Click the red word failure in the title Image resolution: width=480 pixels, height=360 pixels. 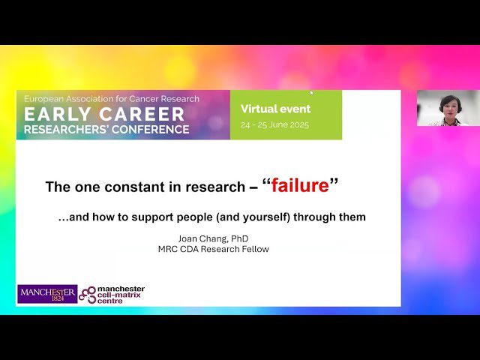(300, 186)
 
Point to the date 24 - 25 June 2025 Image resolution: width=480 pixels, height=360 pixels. (274, 125)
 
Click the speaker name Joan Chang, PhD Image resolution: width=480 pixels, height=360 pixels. (212, 238)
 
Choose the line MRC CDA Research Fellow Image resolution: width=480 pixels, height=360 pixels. (213, 249)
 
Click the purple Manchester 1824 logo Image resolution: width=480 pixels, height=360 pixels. (46, 293)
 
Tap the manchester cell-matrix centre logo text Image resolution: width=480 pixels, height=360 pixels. (122, 293)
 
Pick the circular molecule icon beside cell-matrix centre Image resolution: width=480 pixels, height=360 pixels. (88, 293)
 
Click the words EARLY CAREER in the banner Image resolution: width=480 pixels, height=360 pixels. (104, 115)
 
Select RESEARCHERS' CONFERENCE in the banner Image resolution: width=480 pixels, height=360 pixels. (106, 129)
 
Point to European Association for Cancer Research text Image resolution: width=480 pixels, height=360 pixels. (112, 99)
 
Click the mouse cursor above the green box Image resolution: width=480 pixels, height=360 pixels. (312, 92)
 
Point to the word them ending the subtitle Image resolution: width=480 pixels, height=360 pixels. (354, 217)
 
